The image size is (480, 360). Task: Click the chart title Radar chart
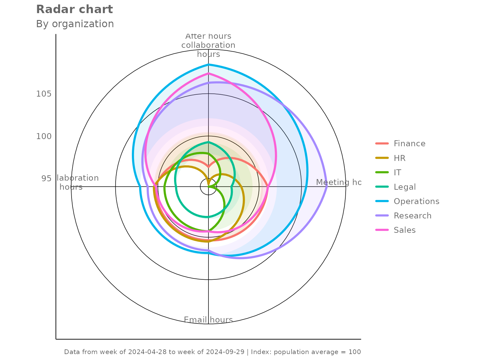point(74,9)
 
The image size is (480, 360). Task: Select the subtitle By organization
point(75,24)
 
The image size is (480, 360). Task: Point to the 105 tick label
point(44,94)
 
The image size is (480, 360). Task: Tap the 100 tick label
point(44,136)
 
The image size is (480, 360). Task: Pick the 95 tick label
point(46,178)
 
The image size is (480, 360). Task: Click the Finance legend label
point(409,143)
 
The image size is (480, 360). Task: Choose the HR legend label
point(399,158)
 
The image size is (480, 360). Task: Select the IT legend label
point(397,172)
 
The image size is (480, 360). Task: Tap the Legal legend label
point(405,187)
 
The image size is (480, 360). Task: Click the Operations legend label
point(416,201)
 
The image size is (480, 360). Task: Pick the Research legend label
point(412,216)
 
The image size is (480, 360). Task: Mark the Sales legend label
point(404,230)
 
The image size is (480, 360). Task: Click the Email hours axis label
point(208,320)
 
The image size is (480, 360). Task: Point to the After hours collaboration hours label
point(208,45)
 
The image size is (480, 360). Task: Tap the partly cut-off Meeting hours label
point(338,182)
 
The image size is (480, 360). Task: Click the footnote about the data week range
point(212,352)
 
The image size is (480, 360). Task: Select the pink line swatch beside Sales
point(382,230)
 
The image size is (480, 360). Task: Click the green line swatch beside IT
point(382,172)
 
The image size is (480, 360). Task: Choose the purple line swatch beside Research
point(382,216)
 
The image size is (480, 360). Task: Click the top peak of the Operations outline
point(208,64)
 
